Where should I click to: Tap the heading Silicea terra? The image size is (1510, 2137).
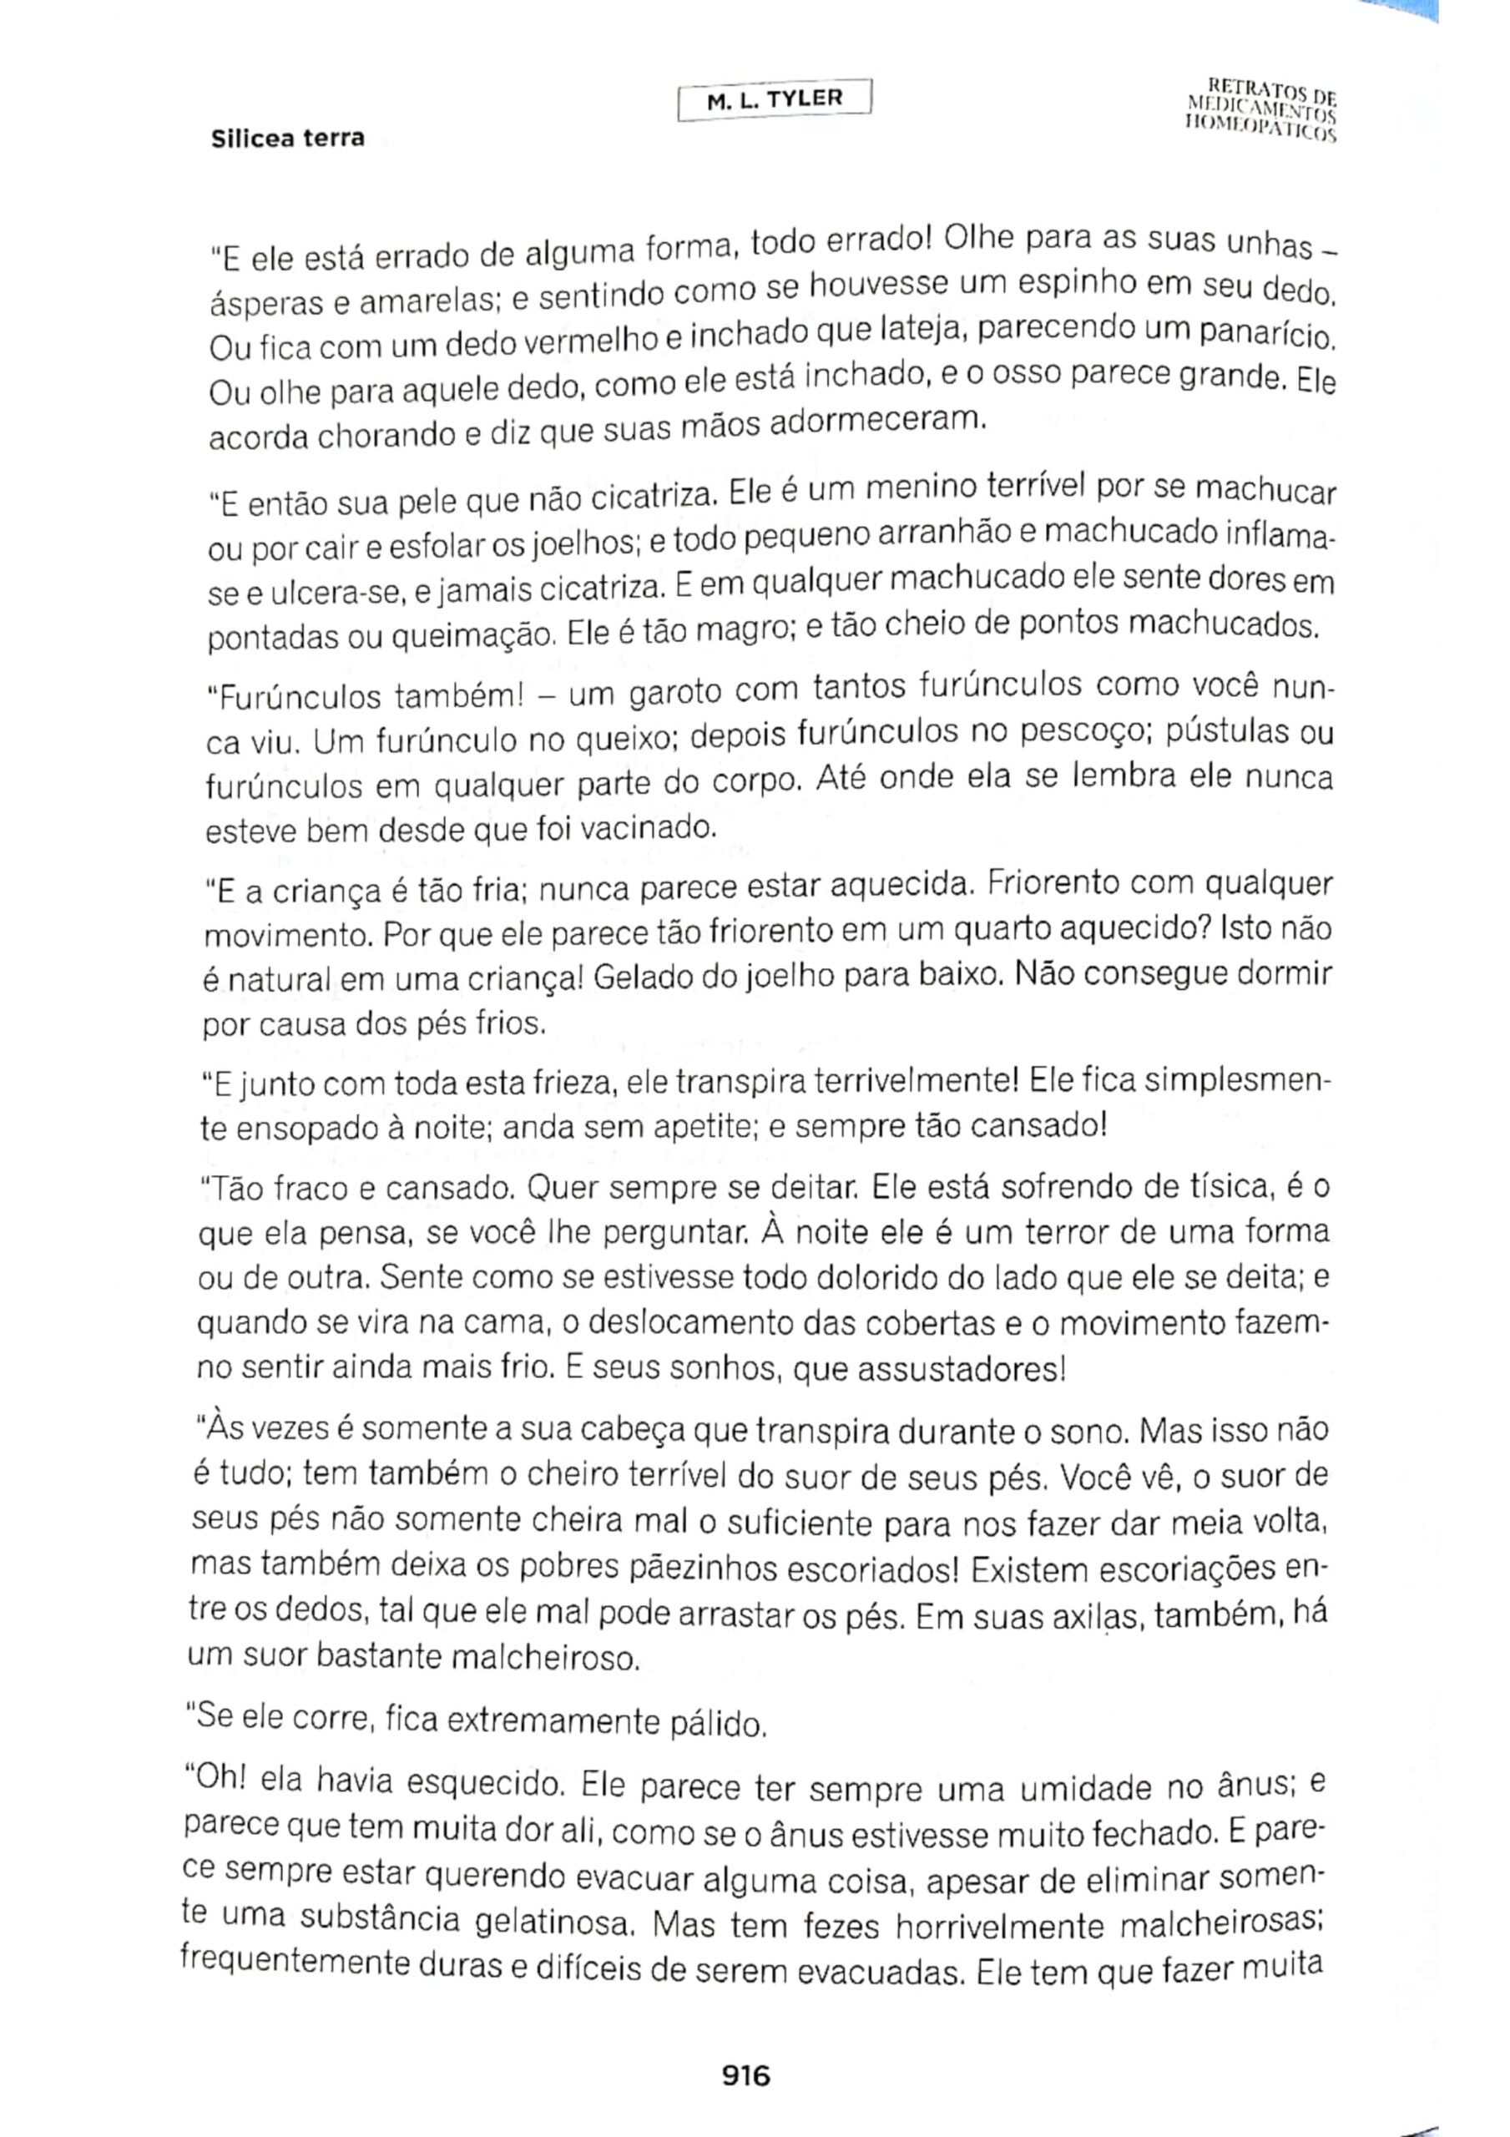(x=288, y=139)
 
